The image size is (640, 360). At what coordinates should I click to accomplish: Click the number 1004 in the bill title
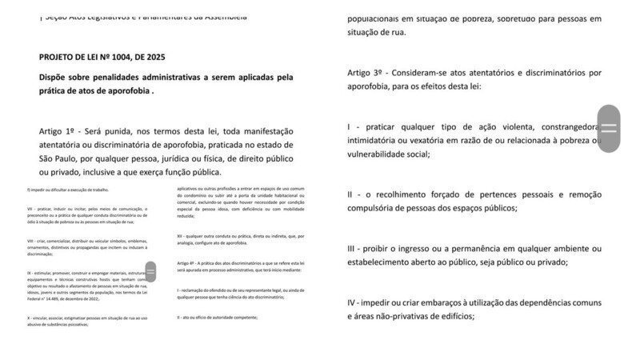click(129, 58)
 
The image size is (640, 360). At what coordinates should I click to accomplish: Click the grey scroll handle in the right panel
click(609, 128)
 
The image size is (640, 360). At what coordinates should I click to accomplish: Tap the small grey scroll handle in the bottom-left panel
click(150, 270)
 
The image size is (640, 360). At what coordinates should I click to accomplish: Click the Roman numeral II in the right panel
click(350, 194)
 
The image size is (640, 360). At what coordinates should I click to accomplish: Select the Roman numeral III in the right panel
click(352, 249)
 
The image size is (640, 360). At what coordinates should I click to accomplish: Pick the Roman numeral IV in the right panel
click(353, 303)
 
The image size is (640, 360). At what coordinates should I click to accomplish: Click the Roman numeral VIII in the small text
click(30, 241)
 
